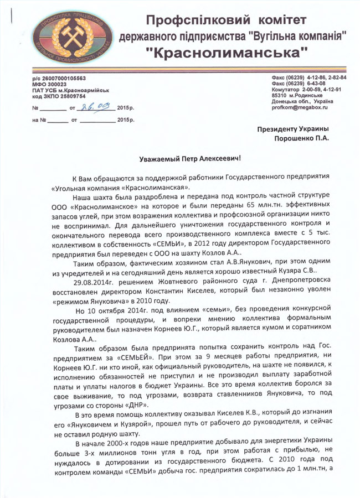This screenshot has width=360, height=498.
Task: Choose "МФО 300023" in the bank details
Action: tap(50, 84)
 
